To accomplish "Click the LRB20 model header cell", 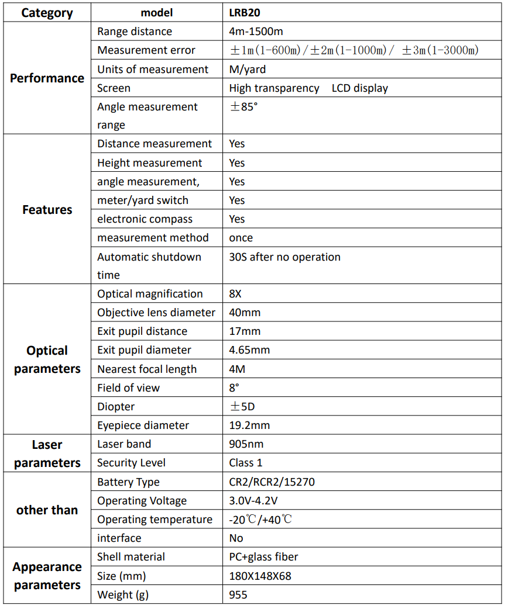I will (245, 13).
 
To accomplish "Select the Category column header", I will (47, 13).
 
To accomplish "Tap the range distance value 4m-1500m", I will (256, 32).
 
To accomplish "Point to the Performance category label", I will (47, 78).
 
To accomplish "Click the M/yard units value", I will (247, 69).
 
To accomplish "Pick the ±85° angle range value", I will (243, 107).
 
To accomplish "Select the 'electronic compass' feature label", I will (145, 219).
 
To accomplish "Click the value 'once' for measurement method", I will (241, 238).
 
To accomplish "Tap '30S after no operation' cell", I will (284, 257).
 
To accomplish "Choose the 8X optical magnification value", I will (235, 294).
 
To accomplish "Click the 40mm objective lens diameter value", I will (245, 313).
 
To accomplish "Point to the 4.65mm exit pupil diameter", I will (249, 350).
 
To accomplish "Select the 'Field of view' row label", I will (128, 387).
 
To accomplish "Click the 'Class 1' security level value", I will (246, 463).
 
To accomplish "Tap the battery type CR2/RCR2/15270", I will (272, 482).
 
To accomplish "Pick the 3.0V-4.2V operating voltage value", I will (254, 501).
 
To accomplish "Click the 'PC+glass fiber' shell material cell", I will (264, 557).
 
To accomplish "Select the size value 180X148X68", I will (260, 576).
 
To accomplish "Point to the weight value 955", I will (238, 595).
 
